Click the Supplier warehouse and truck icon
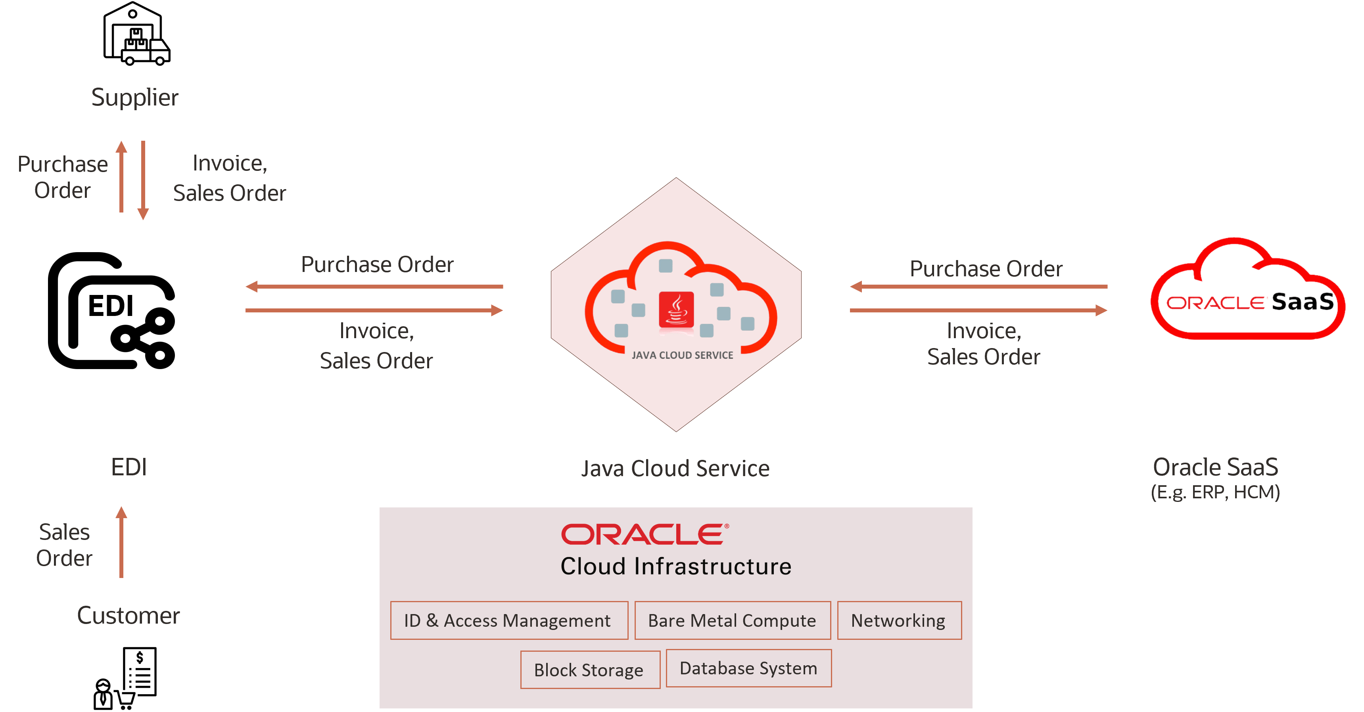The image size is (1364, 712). [x=136, y=34]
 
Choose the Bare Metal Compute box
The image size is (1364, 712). [x=732, y=620]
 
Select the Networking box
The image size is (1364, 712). [x=899, y=620]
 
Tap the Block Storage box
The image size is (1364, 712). [x=590, y=670]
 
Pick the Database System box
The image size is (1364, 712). [x=748, y=668]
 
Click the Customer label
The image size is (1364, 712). [x=129, y=615]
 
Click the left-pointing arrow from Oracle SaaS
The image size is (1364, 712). [x=978, y=286]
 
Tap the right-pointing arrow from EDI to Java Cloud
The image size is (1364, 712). [x=374, y=310]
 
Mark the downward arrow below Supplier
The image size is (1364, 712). [x=143, y=180]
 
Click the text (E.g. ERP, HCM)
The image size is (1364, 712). [x=1215, y=492]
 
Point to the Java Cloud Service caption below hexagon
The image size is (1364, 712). [x=675, y=469]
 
